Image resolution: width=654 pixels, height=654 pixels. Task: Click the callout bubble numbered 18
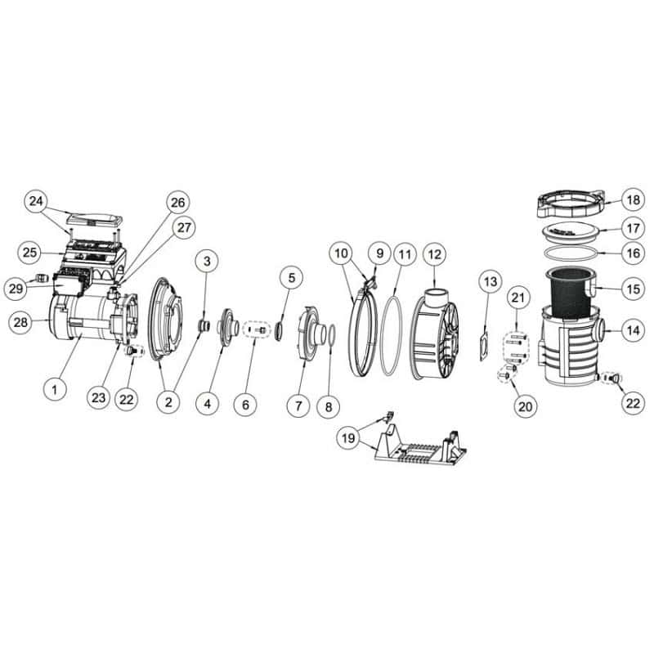point(633,200)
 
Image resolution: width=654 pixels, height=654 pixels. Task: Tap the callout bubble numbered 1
point(55,389)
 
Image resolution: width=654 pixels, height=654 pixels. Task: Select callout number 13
point(490,281)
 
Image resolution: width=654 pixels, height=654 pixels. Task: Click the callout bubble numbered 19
point(348,437)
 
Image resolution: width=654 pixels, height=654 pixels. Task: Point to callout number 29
point(16,288)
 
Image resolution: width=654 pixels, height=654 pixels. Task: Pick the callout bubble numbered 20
point(525,405)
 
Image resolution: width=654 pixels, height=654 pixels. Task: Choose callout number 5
point(292,278)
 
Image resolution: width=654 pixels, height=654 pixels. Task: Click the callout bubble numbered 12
point(435,254)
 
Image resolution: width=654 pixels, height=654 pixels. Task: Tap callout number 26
point(177,203)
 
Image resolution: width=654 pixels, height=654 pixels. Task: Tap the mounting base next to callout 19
point(419,445)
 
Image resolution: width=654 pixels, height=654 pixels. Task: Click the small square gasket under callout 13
point(485,346)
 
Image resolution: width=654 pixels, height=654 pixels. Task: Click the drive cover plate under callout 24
point(95,218)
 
